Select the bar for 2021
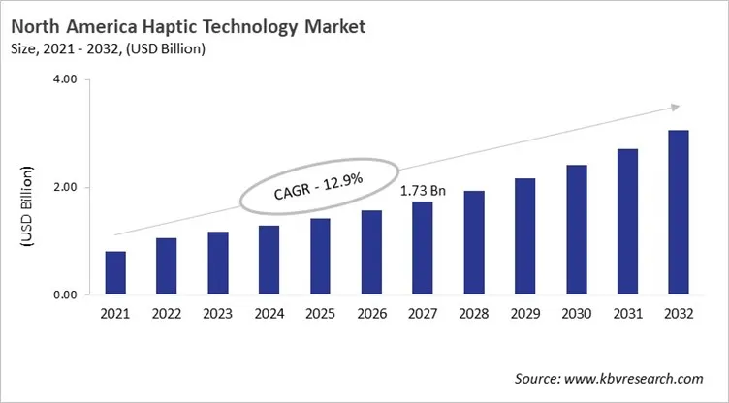[x=115, y=273]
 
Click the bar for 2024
[x=269, y=261]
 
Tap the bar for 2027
[x=423, y=249]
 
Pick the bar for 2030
[x=577, y=231]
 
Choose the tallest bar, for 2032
[x=679, y=213]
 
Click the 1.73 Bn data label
[x=423, y=190]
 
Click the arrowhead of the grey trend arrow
[x=675, y=108]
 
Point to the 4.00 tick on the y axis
[x=64, y=80]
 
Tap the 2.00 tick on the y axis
[x=64, y=188]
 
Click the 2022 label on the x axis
[x=167, y=314]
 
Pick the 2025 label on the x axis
[x=320, y=314]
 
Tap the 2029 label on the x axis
[x=525, y=314]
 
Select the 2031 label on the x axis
[x=627, y=314]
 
